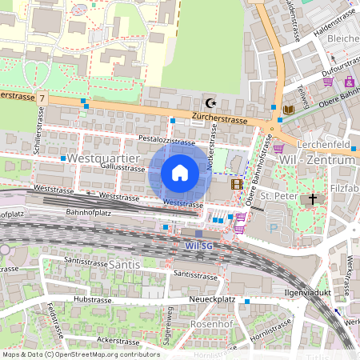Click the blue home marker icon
pos(180,172)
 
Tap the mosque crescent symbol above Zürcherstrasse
pos(211,103)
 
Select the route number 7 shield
pos(42,97)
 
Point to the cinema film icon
pos(236,184)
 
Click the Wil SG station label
pos(198,245)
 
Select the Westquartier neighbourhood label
pos(99,159)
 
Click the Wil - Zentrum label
pos(316,160)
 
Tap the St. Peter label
pos(278,196)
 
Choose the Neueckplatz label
pos(213,298)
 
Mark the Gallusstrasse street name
pos(123,168)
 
